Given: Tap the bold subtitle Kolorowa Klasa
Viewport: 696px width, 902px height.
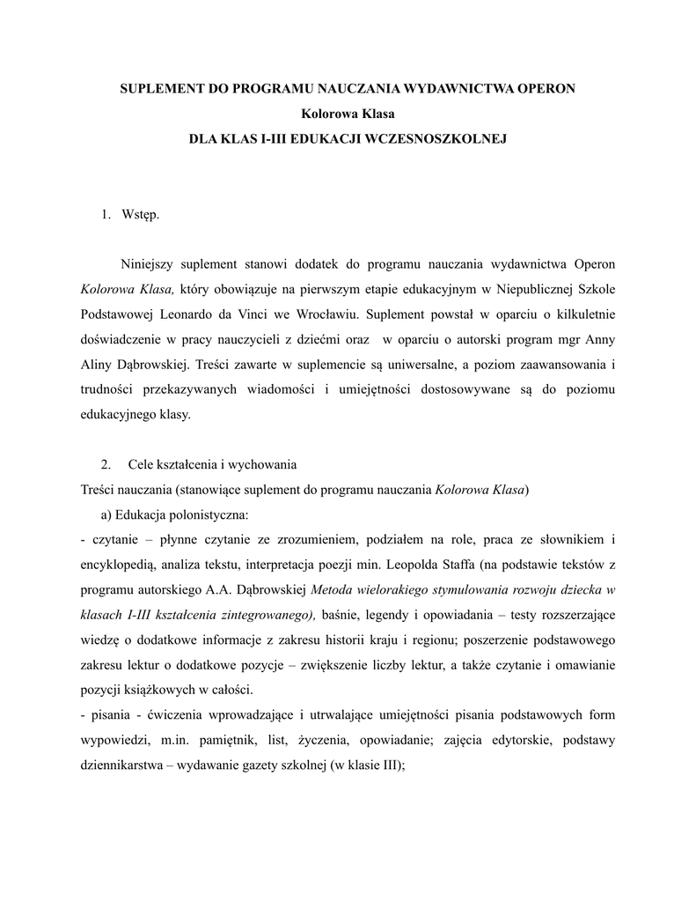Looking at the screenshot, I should (348, 114).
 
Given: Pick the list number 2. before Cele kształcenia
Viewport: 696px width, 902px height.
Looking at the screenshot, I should (106, 463).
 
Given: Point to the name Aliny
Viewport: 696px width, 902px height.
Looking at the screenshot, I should (96, 363).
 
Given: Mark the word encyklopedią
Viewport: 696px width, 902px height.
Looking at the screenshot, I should (117, 563).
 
